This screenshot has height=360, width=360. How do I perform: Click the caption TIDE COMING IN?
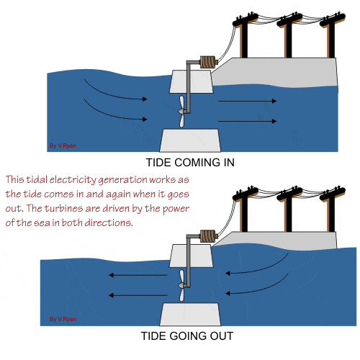click(x=189, y=163)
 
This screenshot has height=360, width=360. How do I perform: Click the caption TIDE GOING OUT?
click(x=186, y=336)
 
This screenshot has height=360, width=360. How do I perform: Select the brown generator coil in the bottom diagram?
click(x=209, y=235)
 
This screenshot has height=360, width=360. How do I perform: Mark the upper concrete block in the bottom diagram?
click(x=191, y=255)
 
